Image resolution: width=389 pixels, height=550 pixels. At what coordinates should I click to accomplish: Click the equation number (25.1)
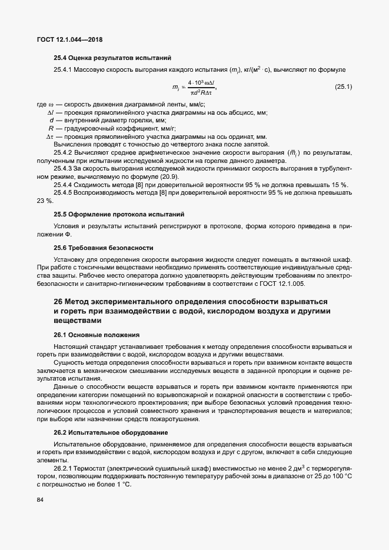coord(343,87)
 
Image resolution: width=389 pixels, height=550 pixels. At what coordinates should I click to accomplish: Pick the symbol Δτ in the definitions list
coord(50,136)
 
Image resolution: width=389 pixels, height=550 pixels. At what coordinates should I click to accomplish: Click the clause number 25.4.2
coord(66,153)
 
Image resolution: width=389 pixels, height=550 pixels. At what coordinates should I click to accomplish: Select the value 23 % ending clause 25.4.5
coord(45,201)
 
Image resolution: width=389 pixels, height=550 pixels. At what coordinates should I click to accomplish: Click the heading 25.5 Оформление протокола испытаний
coord(119,214)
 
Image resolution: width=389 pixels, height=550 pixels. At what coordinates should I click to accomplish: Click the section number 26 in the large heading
coord(59,301)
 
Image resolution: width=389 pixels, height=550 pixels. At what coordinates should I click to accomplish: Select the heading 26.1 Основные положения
coord(97,334)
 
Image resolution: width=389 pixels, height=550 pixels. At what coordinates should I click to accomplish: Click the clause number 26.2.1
coord(65,467)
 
